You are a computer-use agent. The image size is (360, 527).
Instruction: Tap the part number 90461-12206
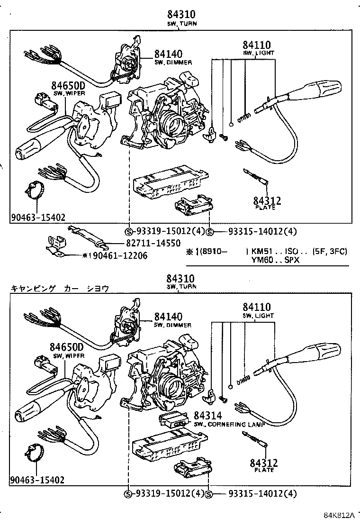120,255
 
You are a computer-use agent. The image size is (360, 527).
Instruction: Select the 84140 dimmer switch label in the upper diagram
169,55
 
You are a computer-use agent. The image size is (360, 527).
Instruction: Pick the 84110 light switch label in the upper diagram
257,45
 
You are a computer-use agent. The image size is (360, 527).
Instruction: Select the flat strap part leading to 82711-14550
88,235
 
